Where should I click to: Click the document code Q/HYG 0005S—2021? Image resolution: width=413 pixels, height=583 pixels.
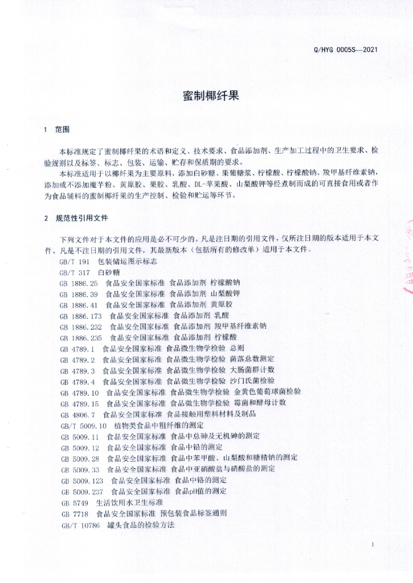[346, 50]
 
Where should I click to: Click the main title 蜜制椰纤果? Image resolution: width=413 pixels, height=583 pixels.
[211, 95]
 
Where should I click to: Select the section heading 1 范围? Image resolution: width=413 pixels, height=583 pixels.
[56, 130]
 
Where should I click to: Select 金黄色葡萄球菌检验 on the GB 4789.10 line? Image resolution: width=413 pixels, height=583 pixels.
[268, 392]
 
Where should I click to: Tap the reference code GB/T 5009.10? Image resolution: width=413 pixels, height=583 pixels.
[84, 425]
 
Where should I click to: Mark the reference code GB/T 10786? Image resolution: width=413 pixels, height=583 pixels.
[81, 524]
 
